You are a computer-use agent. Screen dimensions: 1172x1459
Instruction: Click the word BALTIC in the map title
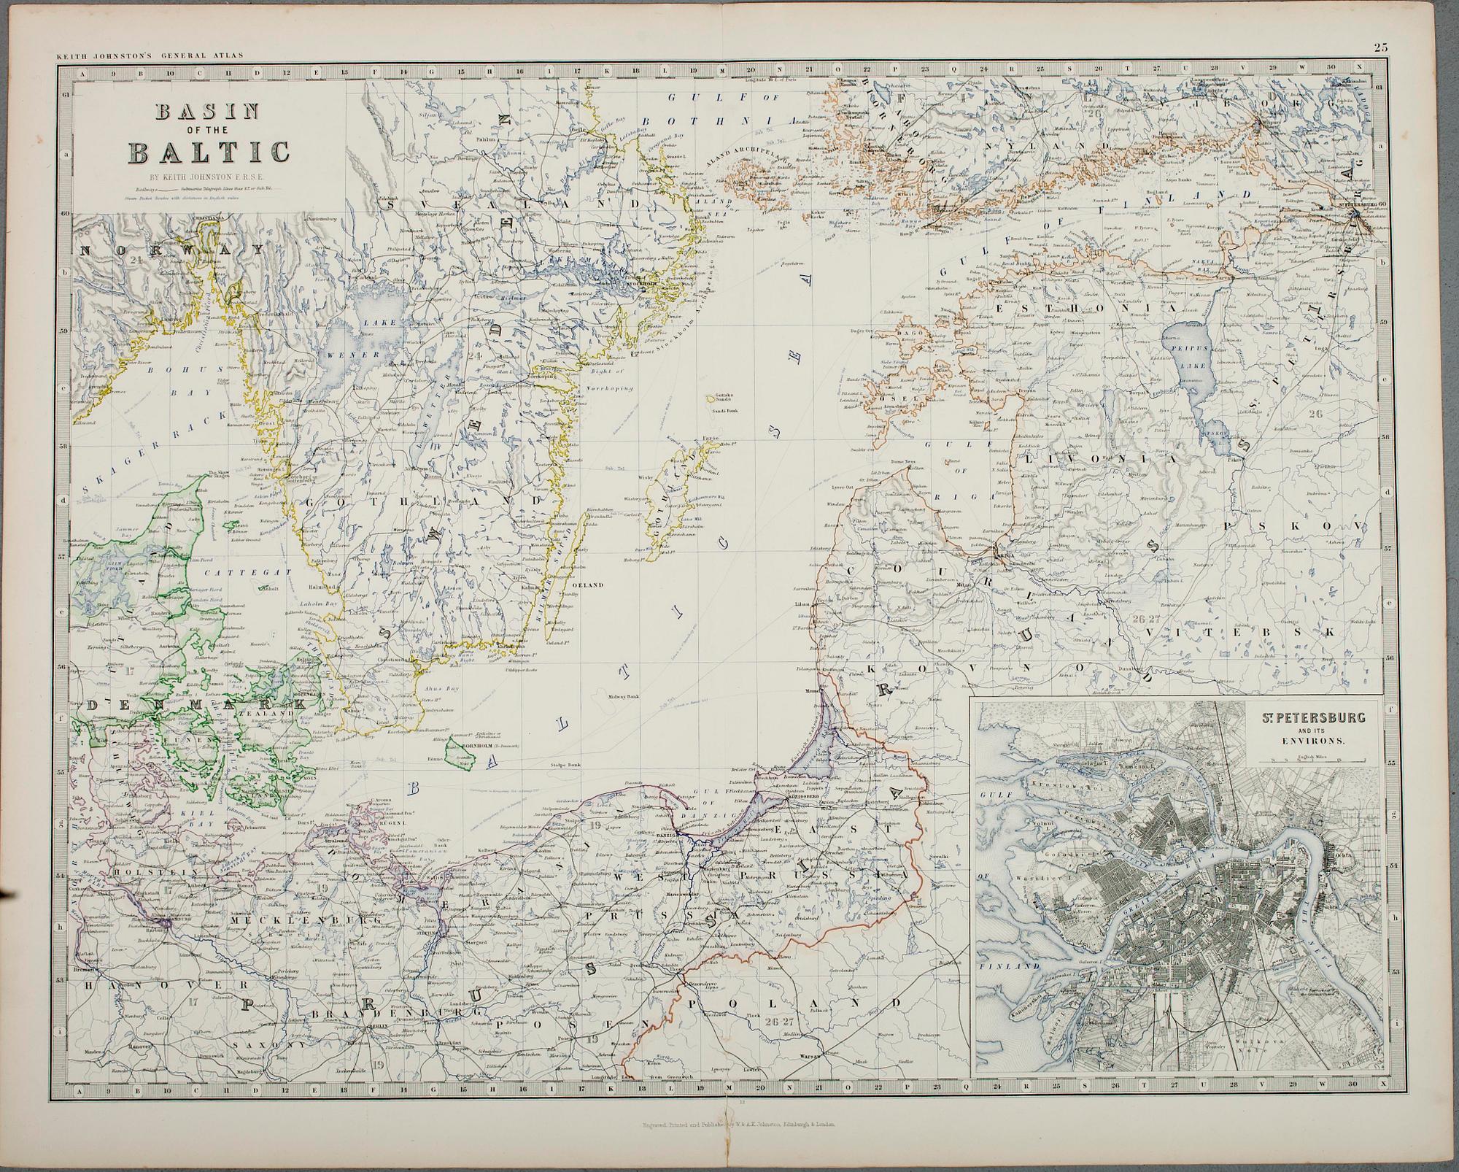pyautogui.click(x=211, y=153)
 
